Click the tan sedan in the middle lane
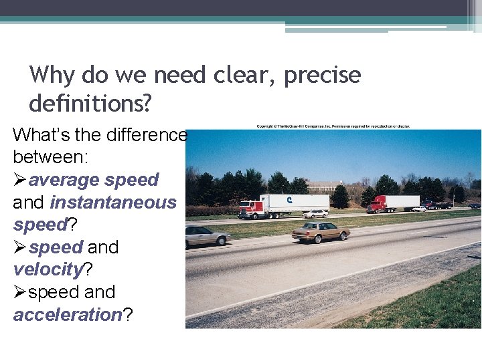point(320,231)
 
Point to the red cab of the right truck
point(376,203)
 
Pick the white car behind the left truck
point(315,213)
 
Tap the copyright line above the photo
point(333,126)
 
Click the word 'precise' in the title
point(322,74)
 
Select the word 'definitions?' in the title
point(90,103)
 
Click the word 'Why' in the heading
point(52,74)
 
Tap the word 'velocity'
point(47,269)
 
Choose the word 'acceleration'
point(67,315)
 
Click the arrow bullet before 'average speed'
point(20,180)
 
